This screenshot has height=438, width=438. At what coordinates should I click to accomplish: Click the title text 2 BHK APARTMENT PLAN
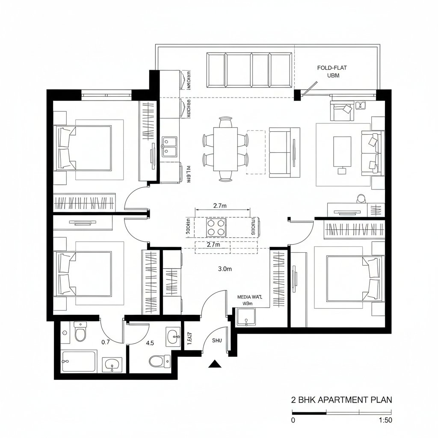tap(341, 400)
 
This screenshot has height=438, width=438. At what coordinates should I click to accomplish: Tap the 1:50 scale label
tap(385, 420)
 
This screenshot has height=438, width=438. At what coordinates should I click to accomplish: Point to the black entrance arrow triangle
tap(215, 364)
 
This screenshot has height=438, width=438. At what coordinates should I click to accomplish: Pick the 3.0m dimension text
tap(225, 269)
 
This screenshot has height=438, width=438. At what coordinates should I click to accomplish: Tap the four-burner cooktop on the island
tap(216, 227)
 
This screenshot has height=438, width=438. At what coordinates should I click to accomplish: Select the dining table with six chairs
tap(225, 149)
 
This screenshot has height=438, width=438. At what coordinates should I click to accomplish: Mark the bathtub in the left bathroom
tap(79, 361)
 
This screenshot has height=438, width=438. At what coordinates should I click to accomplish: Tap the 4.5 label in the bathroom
tap(150, 343)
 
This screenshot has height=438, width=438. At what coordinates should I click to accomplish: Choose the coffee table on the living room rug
tap(342, 151)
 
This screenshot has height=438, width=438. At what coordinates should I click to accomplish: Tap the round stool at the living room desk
tap(361, 198)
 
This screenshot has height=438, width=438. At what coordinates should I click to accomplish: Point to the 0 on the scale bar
tap(293, 420)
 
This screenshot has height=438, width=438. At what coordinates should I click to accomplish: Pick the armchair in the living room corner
tap(343, 110)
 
